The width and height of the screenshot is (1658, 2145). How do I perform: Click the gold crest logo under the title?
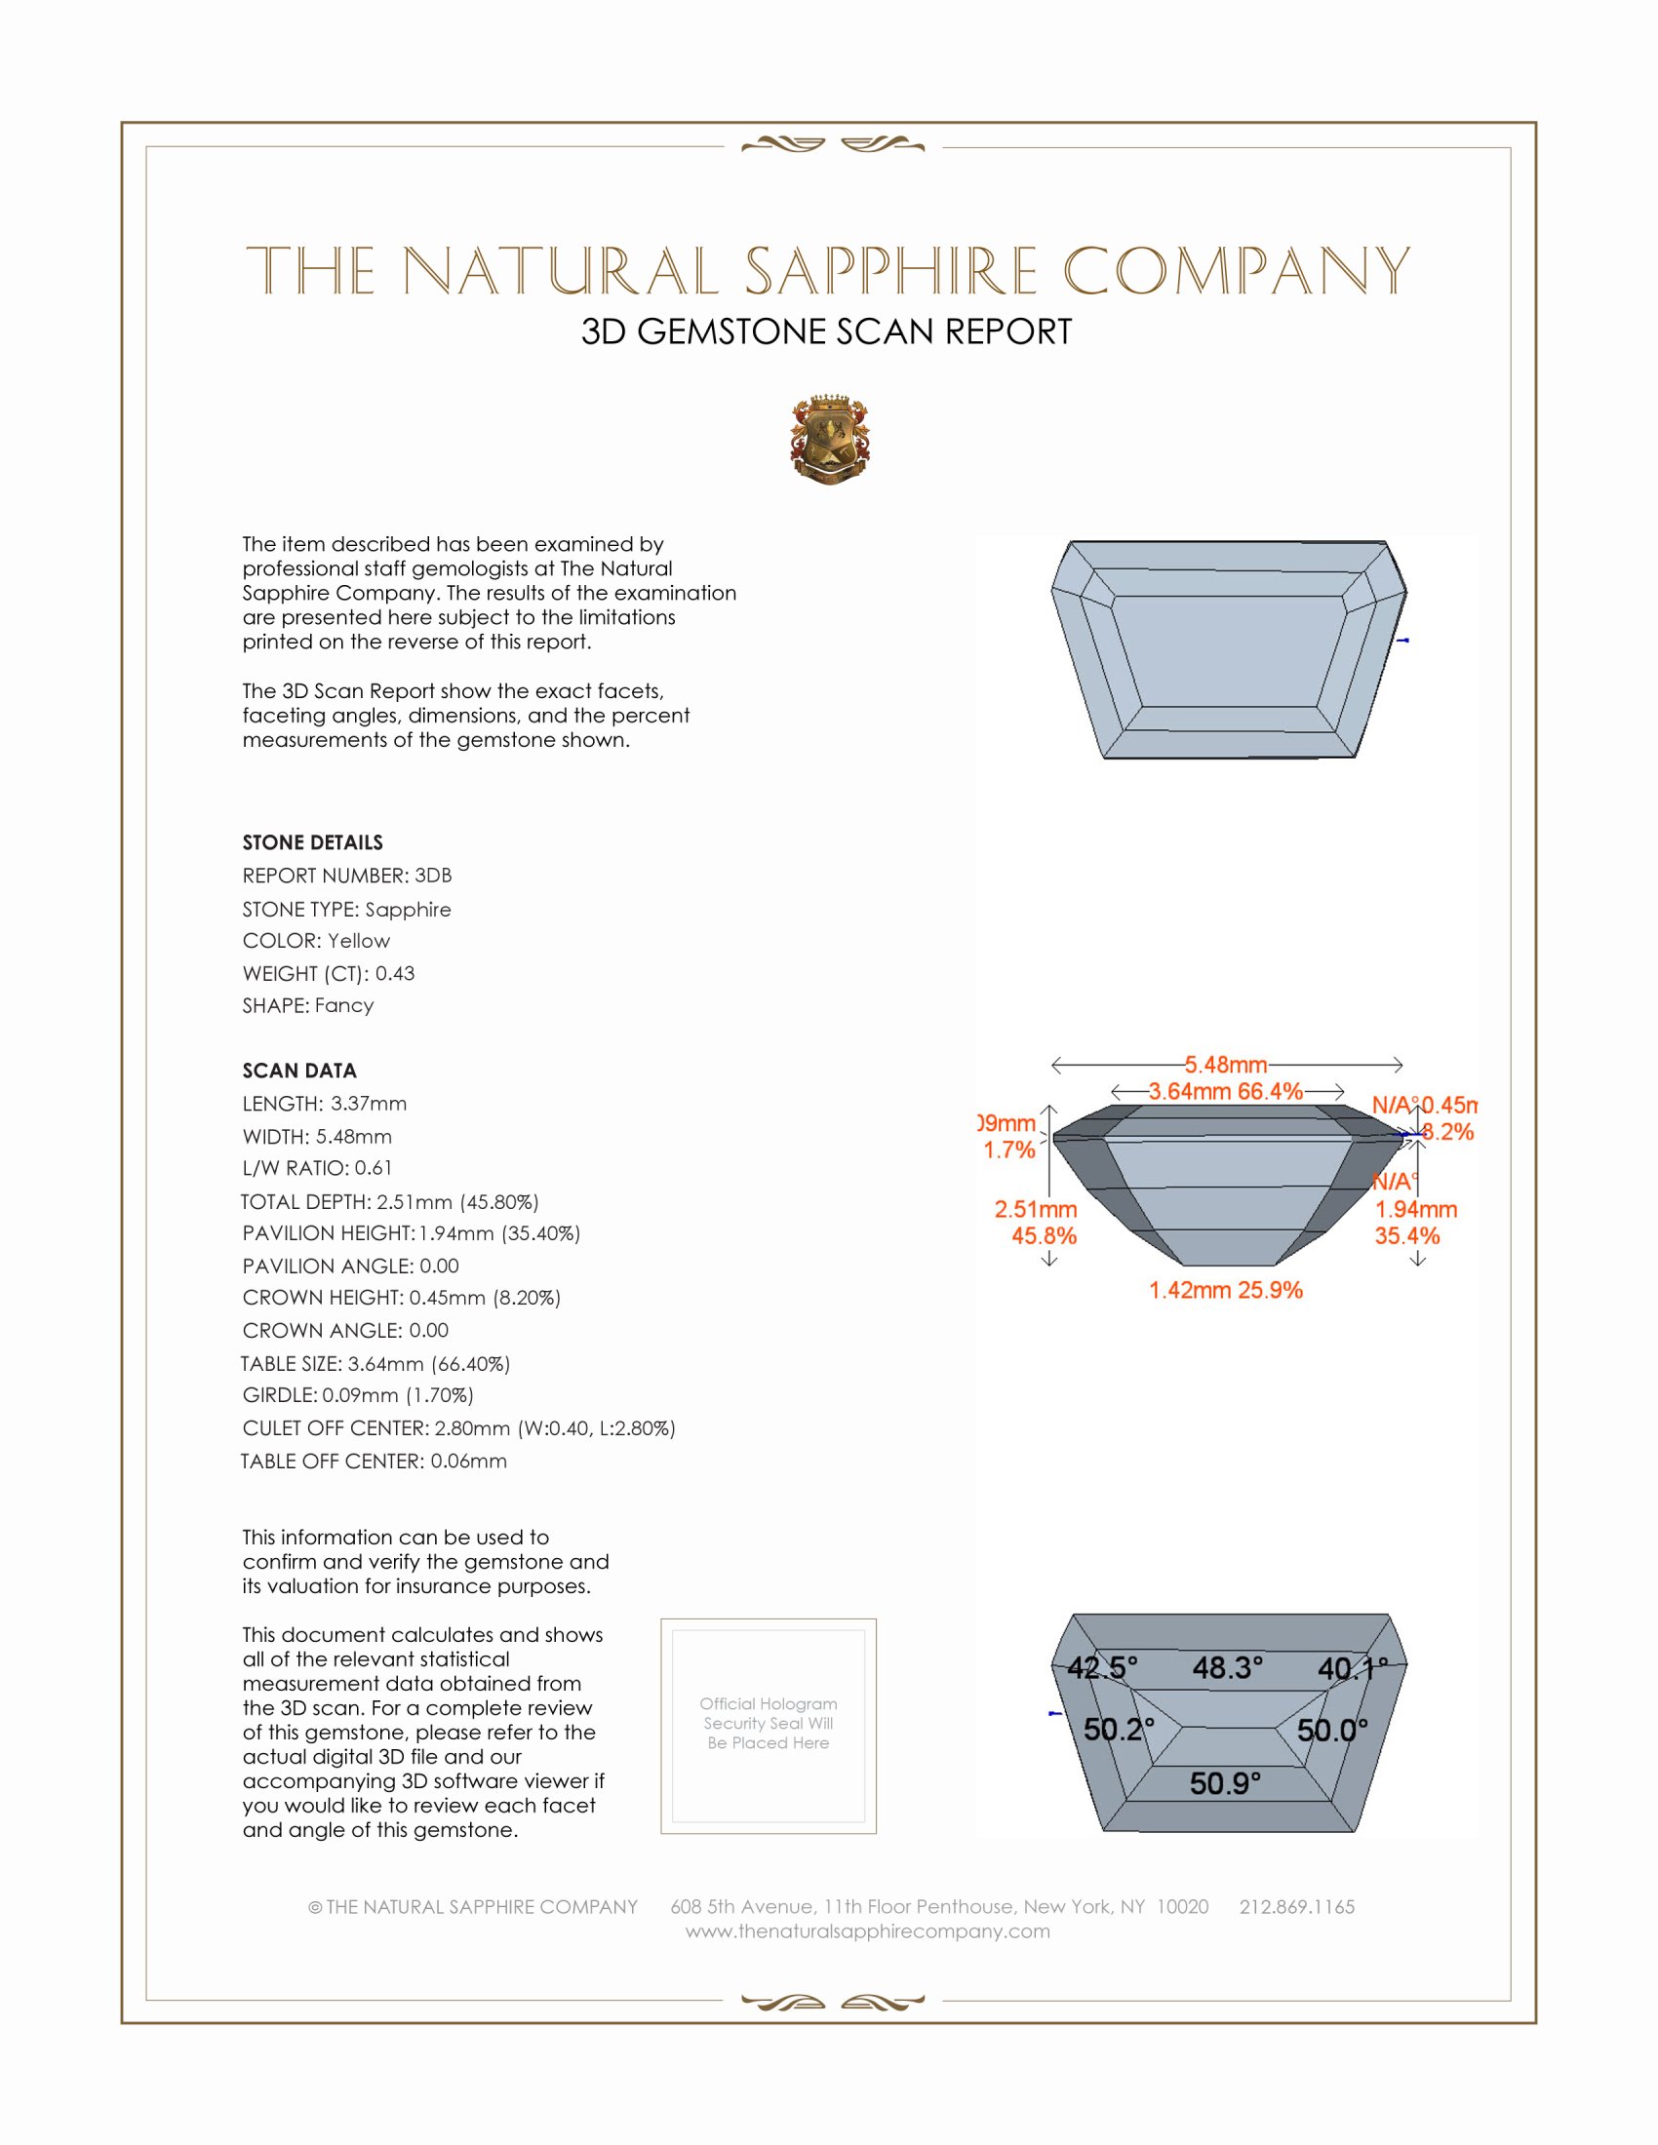click(829, 440)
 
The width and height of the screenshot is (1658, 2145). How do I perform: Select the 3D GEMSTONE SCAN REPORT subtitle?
click(826, 331)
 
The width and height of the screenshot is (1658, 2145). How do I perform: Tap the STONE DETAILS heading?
click(312, 842)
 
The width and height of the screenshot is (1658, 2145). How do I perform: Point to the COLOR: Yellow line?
click(316, 941)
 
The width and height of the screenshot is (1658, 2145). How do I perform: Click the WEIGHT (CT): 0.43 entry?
click(328, 973)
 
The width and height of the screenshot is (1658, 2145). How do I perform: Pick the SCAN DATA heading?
click(299, 1071)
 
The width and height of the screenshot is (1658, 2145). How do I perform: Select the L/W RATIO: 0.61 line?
click(317, 1168)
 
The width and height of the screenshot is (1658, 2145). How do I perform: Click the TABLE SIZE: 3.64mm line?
click(375, 1363)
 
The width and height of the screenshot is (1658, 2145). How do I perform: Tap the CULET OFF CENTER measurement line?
click(458, 1428)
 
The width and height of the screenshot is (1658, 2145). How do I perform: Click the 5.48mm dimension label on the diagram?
click(1225, 1065)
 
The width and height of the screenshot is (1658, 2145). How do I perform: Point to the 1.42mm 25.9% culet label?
click(1226, 1290)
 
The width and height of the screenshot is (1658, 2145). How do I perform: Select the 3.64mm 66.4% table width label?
click(1226, 1091)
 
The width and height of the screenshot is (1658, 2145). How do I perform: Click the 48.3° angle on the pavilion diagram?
click(1227, 1666)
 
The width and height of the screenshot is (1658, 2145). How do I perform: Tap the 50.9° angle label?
click(1225, 1782)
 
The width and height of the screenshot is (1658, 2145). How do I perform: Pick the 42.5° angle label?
click(1102, 1666)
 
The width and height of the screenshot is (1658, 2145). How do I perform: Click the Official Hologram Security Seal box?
click(769, 1725)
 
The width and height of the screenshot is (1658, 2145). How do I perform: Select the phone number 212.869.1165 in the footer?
click(1296, 1906)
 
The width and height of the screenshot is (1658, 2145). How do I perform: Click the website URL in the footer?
click(867, 1930)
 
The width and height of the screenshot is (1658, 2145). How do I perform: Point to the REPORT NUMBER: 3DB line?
click(347, 876)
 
